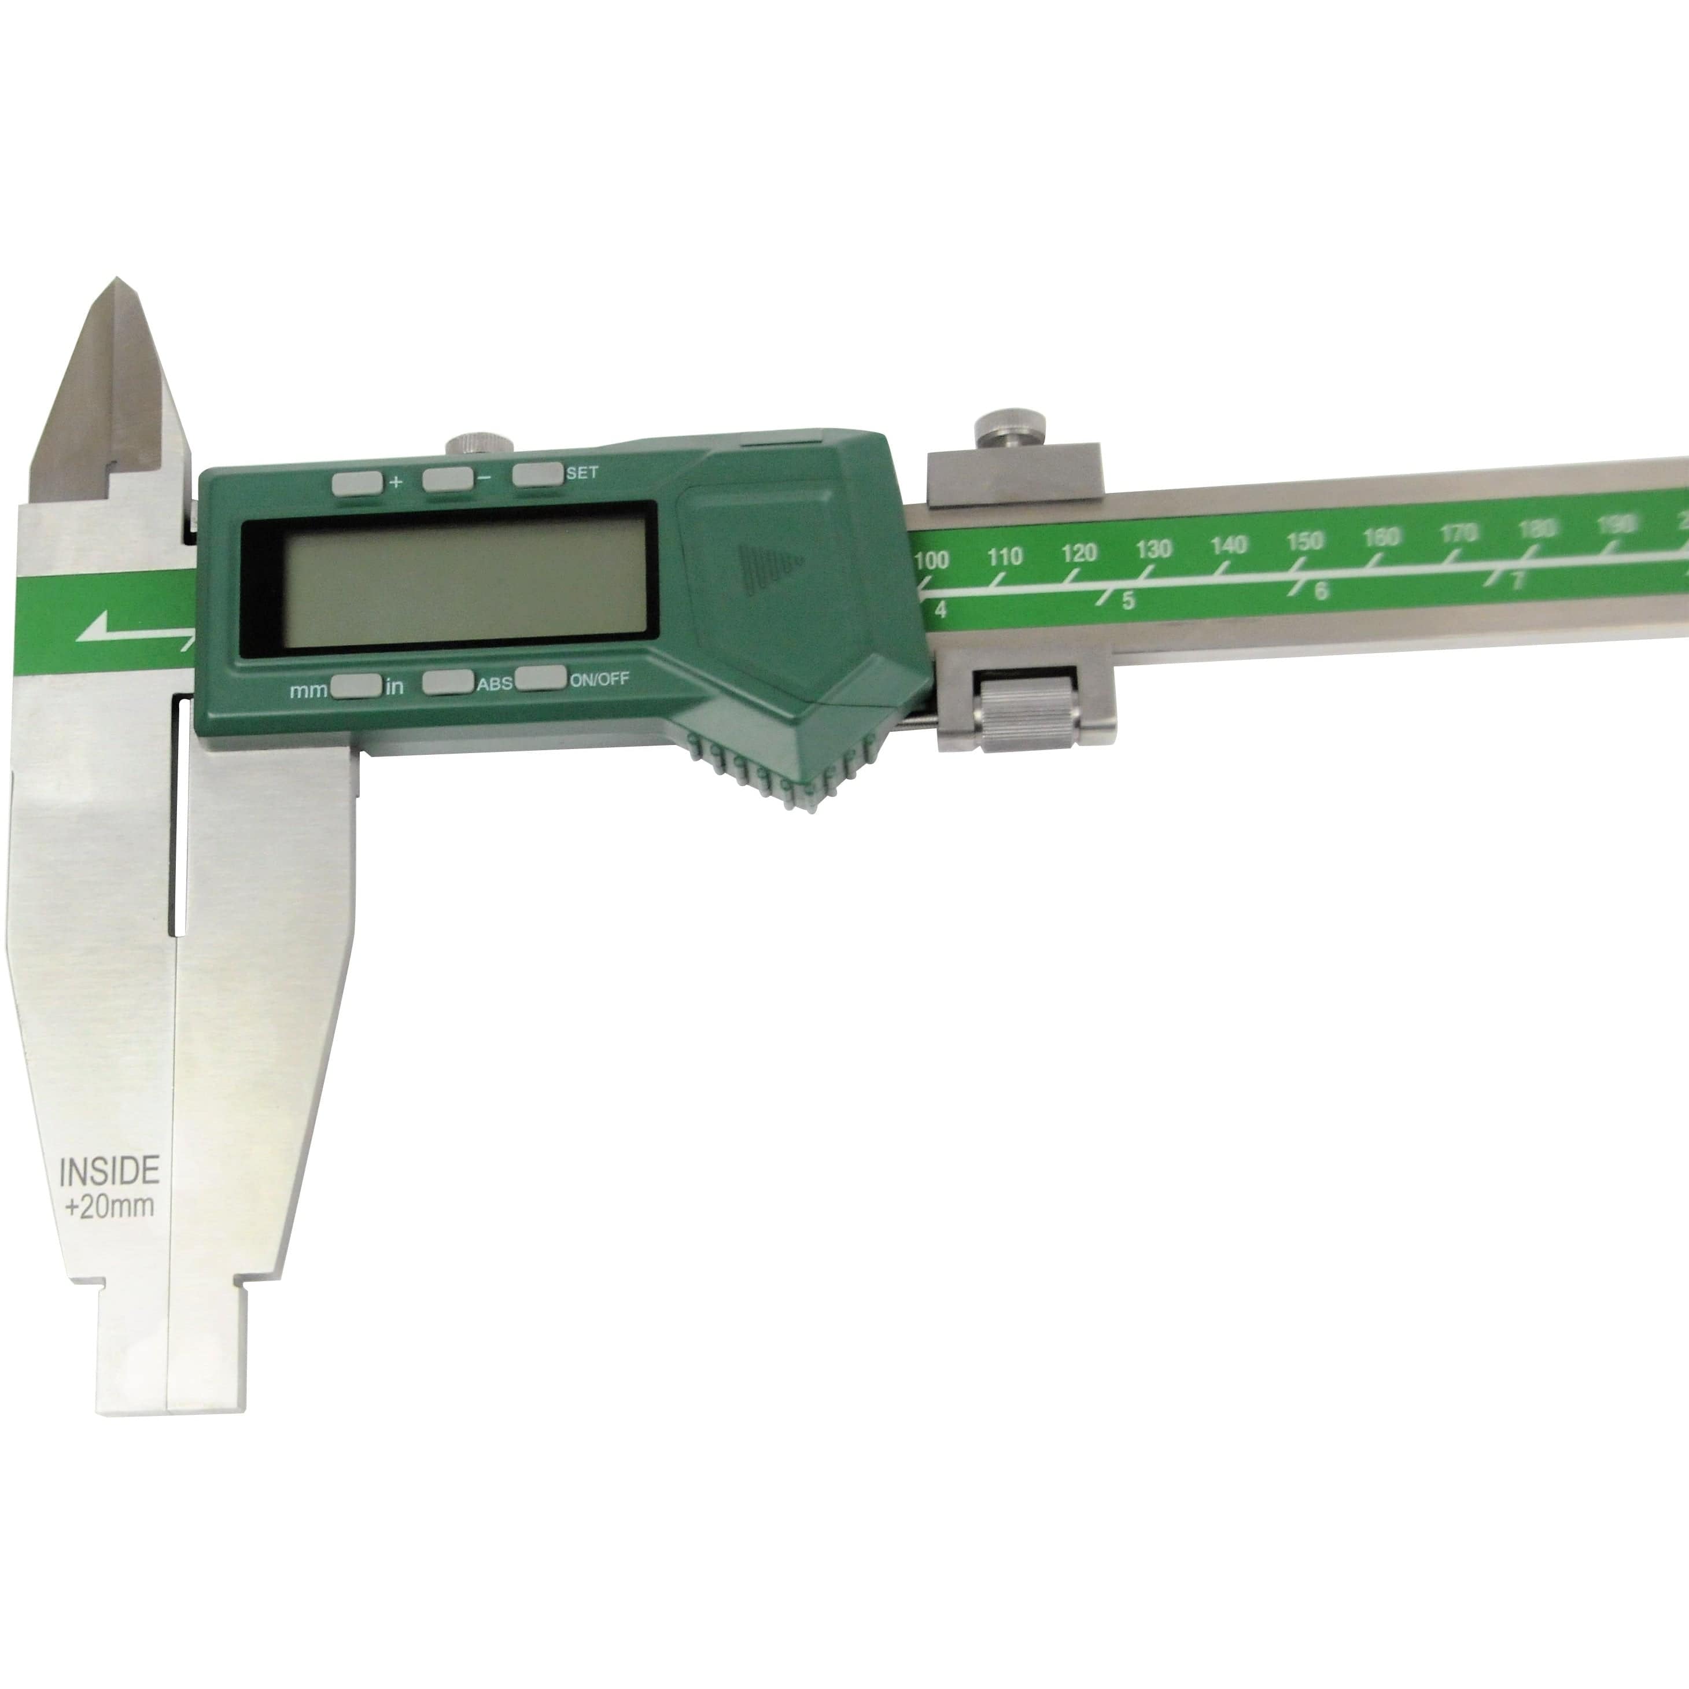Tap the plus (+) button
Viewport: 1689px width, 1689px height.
click(357, 482)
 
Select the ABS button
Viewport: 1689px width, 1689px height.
click(448, 683)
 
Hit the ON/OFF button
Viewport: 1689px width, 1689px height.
click(540, 678)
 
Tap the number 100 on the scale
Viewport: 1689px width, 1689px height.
click(932, 560)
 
